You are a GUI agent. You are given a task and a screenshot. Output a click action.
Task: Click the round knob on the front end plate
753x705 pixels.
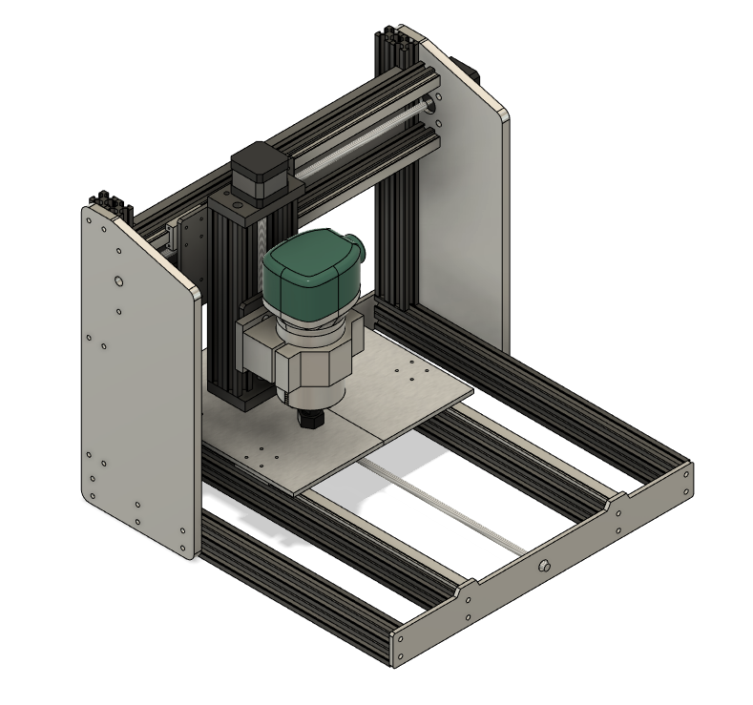(546, 566)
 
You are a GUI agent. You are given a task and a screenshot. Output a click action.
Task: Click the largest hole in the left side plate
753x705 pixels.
(117, 282)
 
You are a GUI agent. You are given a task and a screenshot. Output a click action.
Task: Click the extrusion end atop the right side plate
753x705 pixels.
(393, 44)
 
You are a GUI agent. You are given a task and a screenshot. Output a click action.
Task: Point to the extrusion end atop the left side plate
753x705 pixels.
(107, 204)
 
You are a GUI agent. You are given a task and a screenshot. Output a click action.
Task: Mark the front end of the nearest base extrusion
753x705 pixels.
(395, 645)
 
